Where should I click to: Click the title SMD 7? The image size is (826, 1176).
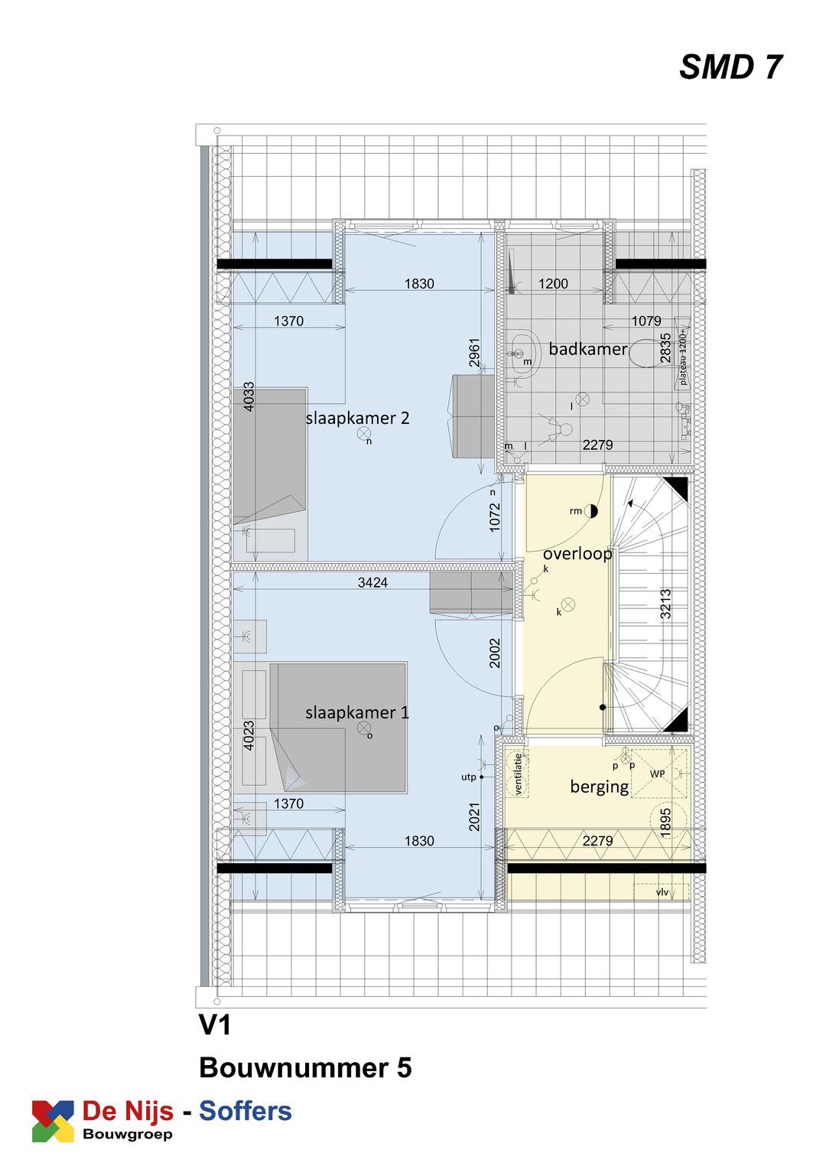click(x=730, y=67)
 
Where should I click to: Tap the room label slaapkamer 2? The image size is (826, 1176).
click(x=357, y=418)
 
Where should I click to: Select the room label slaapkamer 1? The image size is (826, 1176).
click(x=357, y=712)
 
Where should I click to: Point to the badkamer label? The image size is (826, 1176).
click(x=587, y=349)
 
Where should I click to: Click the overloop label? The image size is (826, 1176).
click(x=577, y=553)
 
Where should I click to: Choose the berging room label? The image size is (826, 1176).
click(x=600, y=787)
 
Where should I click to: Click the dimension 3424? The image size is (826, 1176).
click(x=372, y=582)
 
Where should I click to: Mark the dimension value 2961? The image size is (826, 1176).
click(x=474, y=352)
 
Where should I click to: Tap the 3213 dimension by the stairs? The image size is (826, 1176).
click(x=665, y=604)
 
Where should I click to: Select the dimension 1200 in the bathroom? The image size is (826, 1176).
click(x=553, y=284)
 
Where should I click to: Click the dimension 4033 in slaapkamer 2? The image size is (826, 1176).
click(x=249, y=396)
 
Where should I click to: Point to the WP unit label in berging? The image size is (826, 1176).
click(x=657, y=774)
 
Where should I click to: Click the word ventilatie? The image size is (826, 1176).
click(x=518, y=774)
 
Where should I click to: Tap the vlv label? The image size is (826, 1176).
click(x=662, y=892)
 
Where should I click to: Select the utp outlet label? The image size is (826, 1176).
click(x=468, y=777)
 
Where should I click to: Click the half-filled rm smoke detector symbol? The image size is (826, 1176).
click(x=590, y=511)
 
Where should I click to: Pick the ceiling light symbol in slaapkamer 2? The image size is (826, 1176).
click(x=363, y=434)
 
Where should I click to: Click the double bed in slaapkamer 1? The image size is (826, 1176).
click(x=338, y=727)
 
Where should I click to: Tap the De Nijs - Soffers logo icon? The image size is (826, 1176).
click(x=53, y=1121)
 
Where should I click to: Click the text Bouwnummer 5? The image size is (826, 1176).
click(x=305, y=1067)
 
